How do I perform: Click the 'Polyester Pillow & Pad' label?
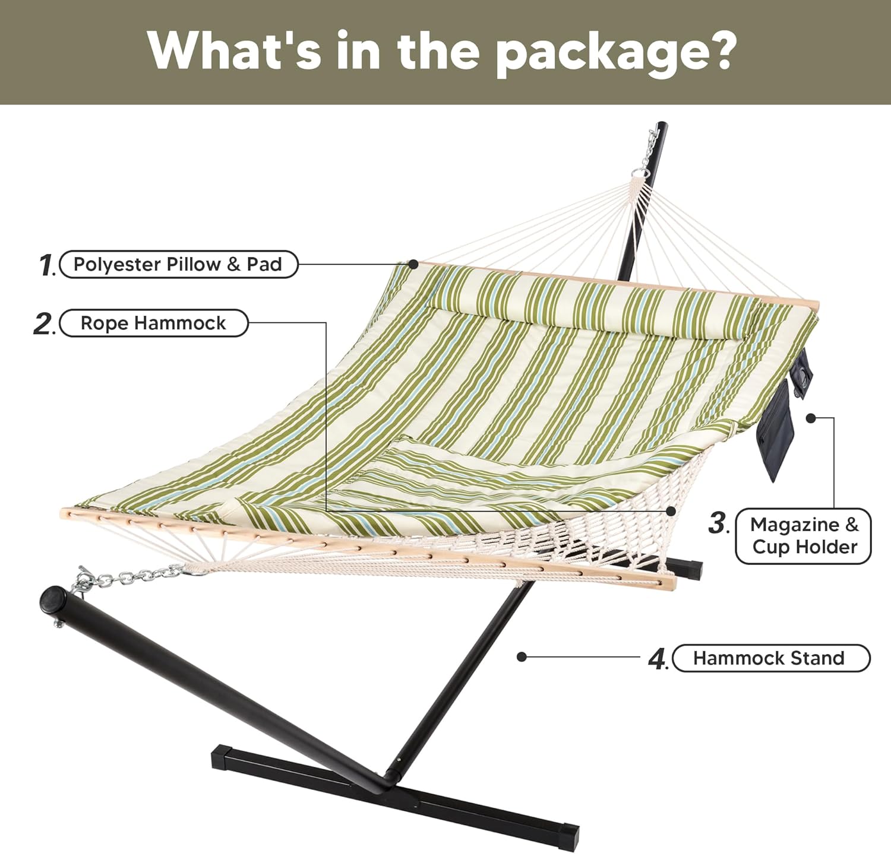click(x=178, y=265)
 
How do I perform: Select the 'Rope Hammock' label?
click(x=153, y=323)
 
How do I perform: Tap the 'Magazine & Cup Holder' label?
click(x=804, y=536)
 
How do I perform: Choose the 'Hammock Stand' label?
click(x=770, y=658)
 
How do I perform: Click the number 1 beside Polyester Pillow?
click(x=46, y=265)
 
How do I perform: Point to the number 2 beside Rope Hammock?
click(x=43, y=324)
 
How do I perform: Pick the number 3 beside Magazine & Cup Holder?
click(x=718, y=523)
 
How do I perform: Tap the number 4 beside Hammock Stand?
click(x=658, y=659)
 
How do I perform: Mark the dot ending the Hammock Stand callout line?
click(x=522, y=657)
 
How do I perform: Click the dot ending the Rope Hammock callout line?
click(x=671, y=510)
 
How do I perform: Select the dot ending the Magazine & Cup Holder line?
click(x=810, y=418)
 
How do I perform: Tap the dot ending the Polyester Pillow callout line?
click(x=413, y=264)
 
